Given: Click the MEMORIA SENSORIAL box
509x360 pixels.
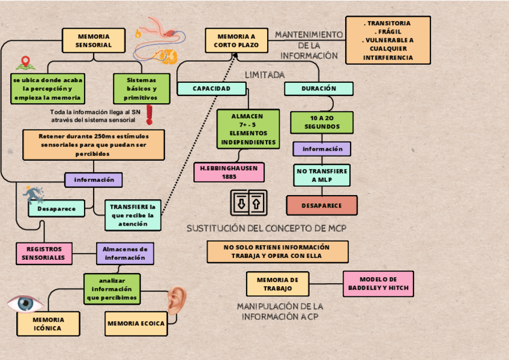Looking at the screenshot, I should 94,40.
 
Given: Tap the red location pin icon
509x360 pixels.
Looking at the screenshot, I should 25,62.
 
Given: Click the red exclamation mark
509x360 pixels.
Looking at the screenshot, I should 149,114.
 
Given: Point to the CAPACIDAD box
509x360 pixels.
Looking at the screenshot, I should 211,89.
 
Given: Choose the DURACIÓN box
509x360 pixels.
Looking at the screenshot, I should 318,89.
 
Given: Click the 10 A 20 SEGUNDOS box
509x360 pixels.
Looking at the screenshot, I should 322,122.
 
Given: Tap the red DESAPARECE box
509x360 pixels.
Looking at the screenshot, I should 322,205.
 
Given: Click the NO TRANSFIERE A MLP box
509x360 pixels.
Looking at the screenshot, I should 322,175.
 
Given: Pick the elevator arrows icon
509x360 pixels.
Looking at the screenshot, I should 248,203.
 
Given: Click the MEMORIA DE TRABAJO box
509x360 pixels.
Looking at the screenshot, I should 277,284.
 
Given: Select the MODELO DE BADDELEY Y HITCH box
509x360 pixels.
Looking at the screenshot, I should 378,284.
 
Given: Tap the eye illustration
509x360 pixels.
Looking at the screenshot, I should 25,303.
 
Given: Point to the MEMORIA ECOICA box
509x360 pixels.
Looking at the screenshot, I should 136,323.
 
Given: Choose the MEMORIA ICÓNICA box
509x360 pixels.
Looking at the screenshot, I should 48,324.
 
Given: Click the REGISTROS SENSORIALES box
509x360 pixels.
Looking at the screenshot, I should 43,253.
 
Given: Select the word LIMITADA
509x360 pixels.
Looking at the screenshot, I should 265,75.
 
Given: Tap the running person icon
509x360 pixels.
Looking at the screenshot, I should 34,194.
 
